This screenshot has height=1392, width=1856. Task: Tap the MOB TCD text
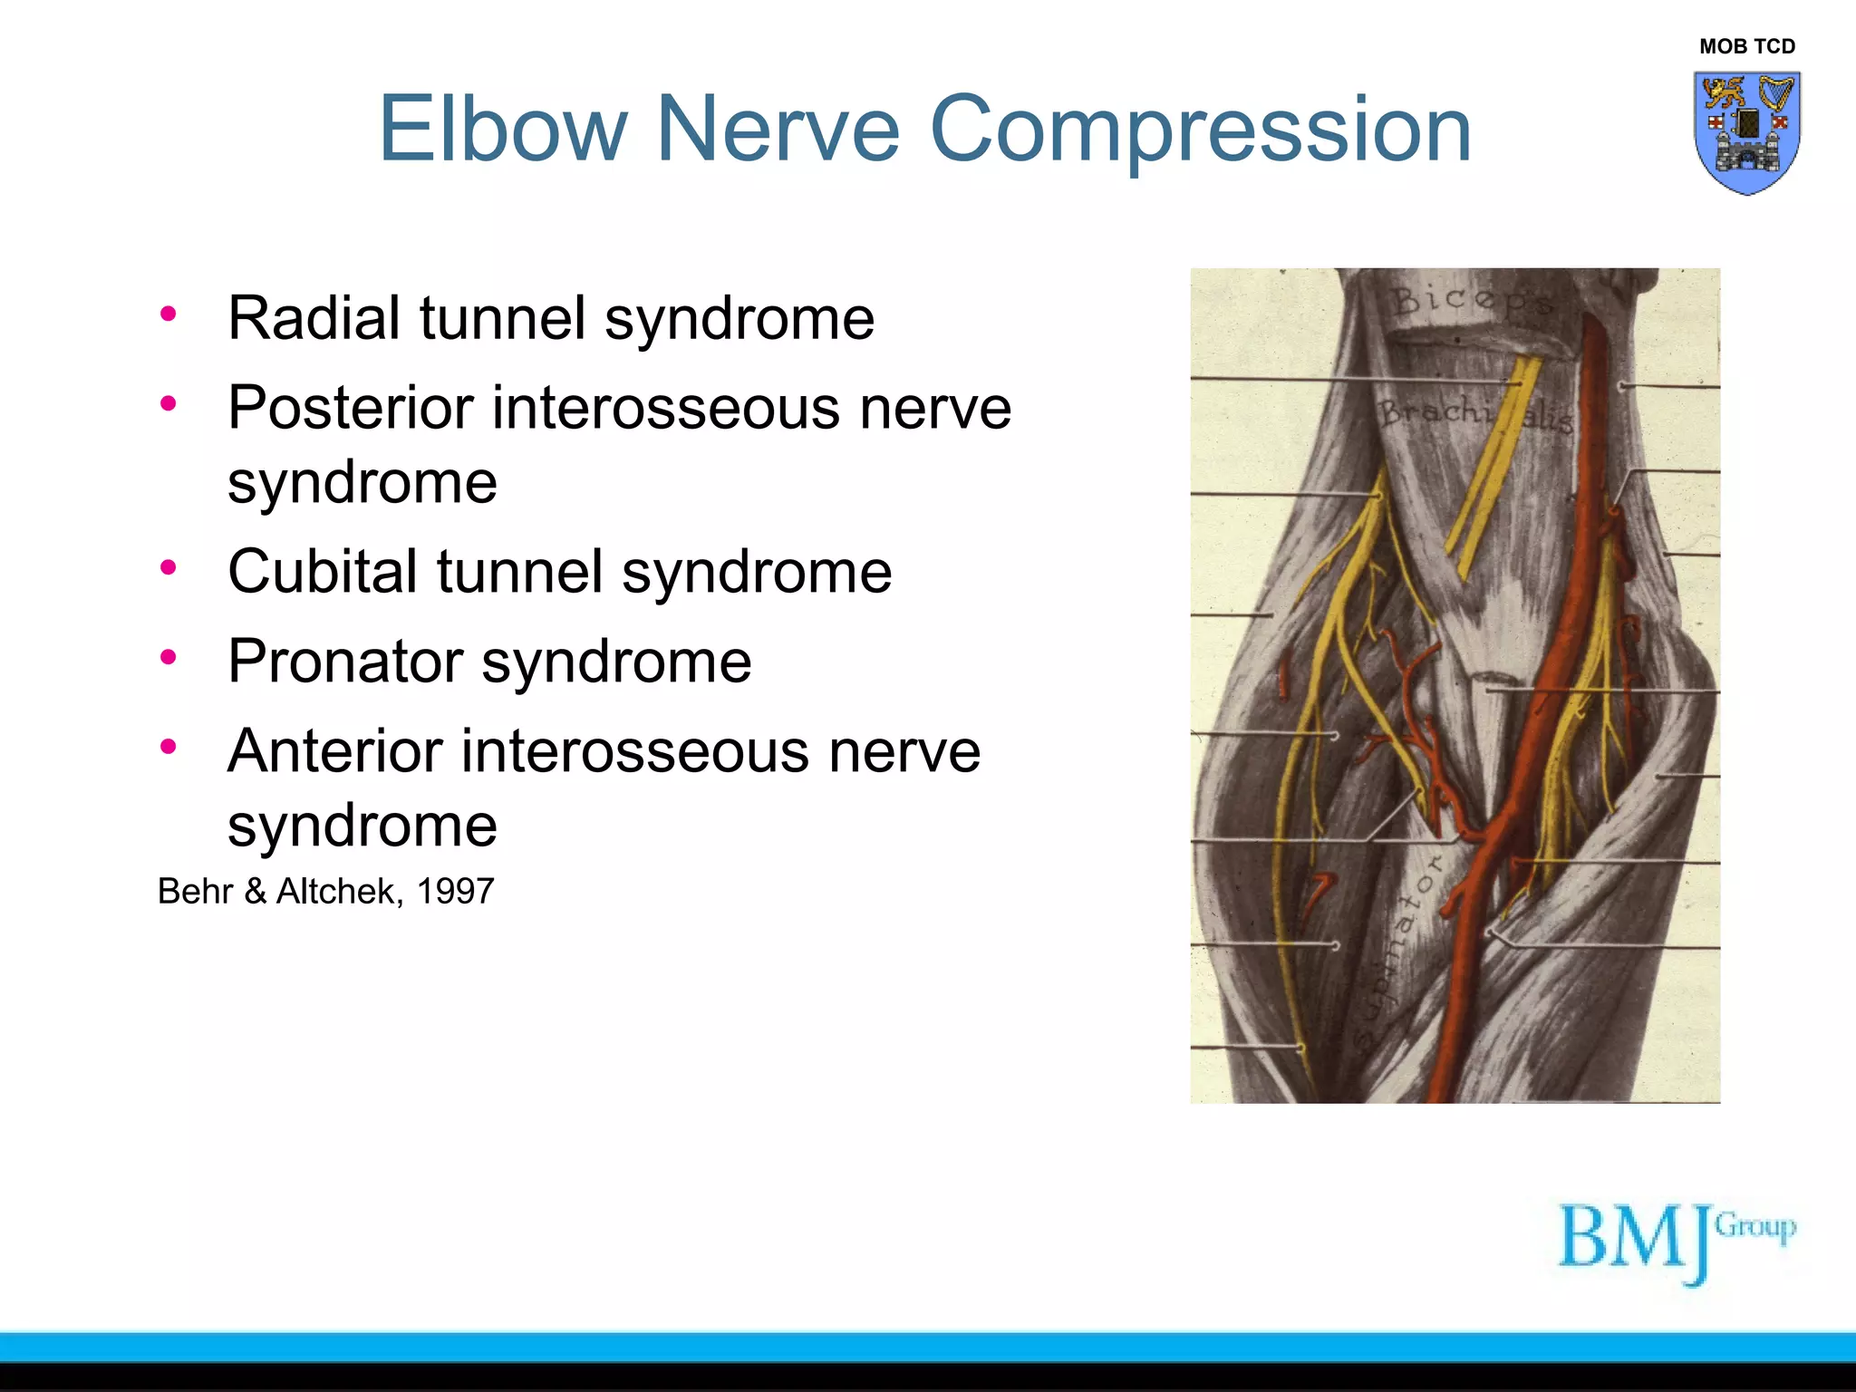tap(1746, 47)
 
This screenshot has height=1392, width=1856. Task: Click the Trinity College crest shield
tap(1746, 132)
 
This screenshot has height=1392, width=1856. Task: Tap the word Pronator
tap(344, 662)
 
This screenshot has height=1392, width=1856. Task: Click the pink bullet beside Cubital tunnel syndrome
tap(168, 568)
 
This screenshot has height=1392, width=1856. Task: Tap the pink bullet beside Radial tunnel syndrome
tap(168, 314)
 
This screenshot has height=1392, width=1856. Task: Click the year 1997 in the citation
tap(455, 892)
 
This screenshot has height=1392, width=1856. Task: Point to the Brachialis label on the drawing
tap(1474, 415)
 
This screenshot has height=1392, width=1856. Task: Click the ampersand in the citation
tap(255, 892)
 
